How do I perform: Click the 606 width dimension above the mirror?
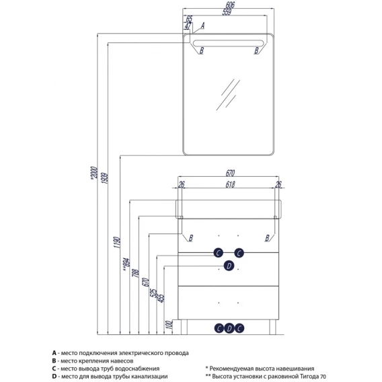click(x=230, y=5)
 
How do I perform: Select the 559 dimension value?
click(x=227, y=12)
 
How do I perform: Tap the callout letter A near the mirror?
click(x=202, y=26)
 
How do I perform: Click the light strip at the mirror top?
click(x=228, y=43)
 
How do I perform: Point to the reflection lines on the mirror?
click(x=228, y=95)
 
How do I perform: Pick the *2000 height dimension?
click(x=94, y=174)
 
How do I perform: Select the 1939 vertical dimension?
click(x=105, y=178)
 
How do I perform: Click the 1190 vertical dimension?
click(x=117, y=242)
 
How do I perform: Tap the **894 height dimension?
click(x=126, y=264)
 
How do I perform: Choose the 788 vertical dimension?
click(x=135, y=273)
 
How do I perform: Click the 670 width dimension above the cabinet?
click(x=230, y=173)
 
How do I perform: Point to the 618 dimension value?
click(x=230, y=184)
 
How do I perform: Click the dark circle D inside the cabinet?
click(x=229, y=266)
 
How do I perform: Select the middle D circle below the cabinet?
click(x=229, y=328)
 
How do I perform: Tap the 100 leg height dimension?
click(x=169, y=325)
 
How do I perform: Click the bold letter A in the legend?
click(x=54, y=353)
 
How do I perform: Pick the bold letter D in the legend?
click(x=54, y=377)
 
